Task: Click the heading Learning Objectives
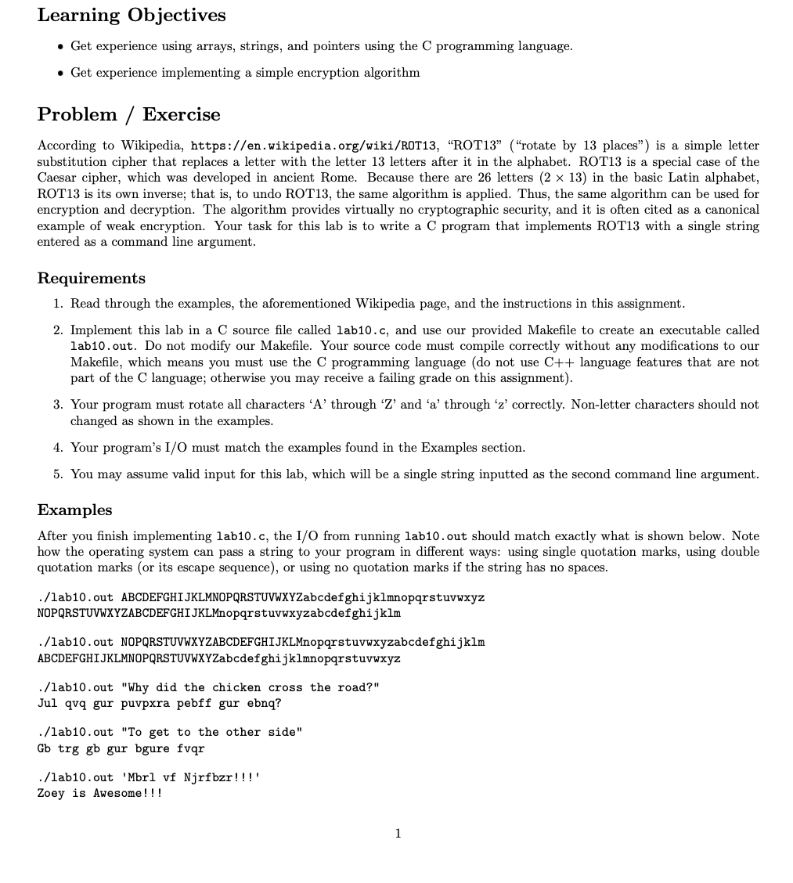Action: click(132, 16)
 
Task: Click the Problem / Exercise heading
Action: click(128, 114)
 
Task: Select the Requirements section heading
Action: click(91, 279)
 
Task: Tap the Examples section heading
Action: click(74, 510)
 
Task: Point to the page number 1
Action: click(398, 834)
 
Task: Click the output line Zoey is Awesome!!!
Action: click(99, 793)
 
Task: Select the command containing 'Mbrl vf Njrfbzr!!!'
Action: click(149, 777)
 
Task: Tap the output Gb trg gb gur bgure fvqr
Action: click(121, 748)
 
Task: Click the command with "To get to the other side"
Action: click(170, 732)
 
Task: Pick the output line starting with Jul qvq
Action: click(159, 703)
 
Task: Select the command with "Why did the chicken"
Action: click(208, 687)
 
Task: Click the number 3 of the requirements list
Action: click(58, 405)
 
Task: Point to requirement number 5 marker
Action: click(58, 474)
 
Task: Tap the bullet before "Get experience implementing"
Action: click(60, 73)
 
